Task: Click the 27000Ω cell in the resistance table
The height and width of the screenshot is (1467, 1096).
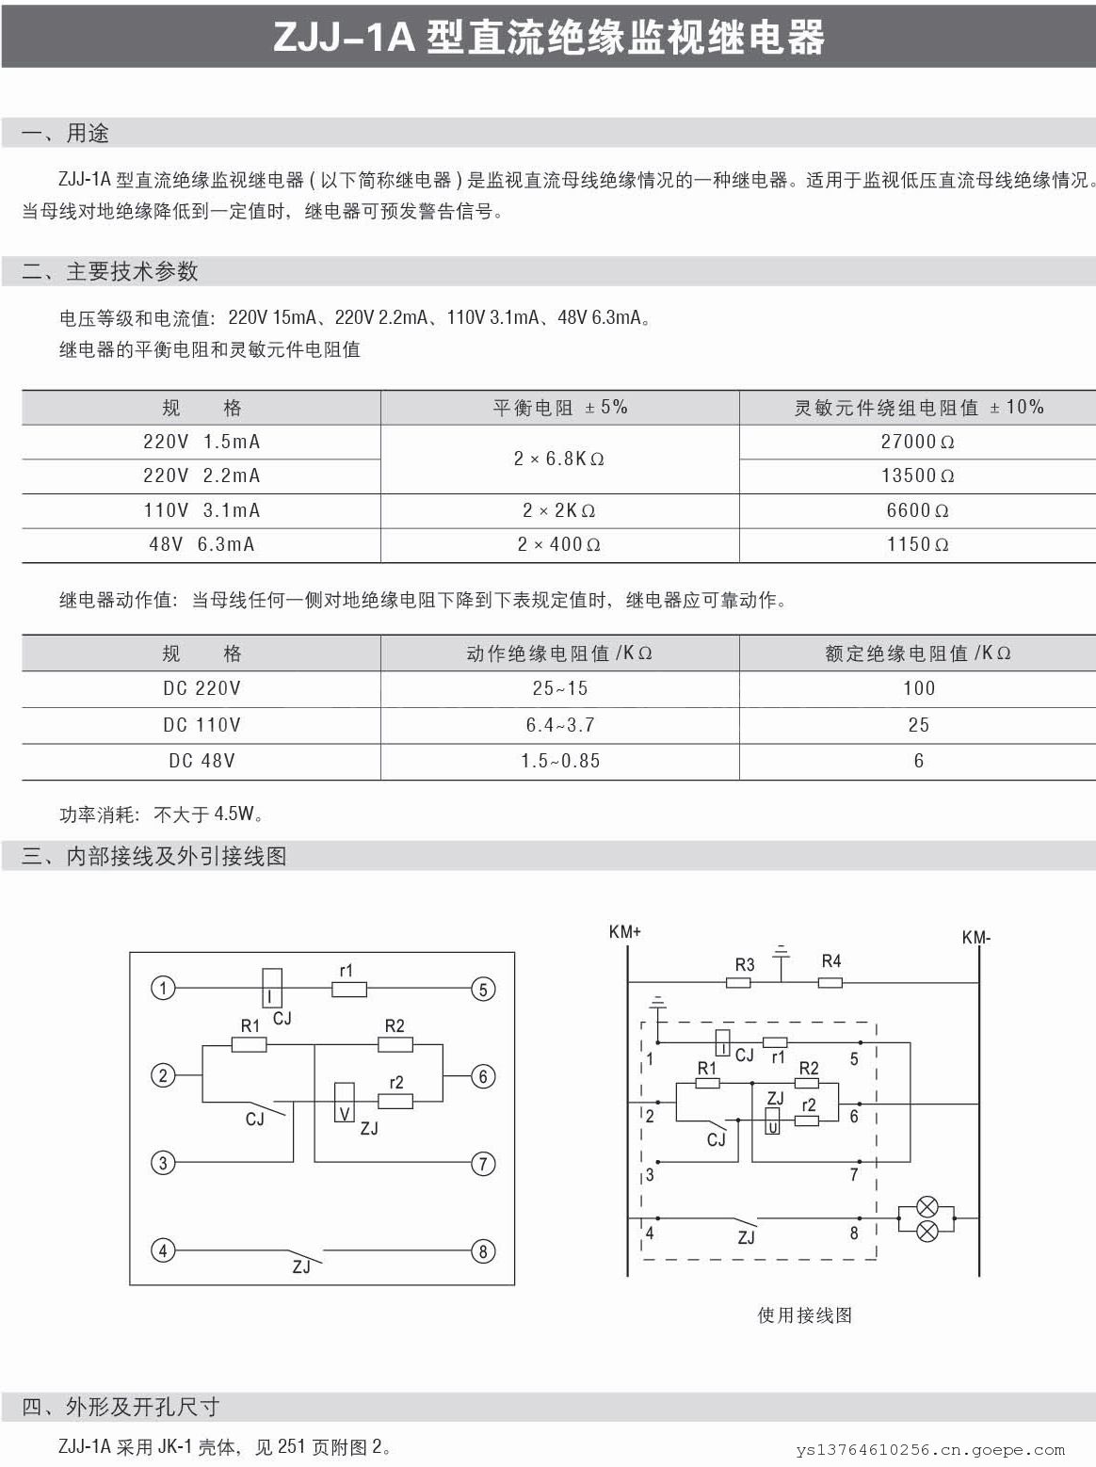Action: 917,442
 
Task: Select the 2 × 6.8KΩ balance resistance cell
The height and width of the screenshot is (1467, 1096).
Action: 559,459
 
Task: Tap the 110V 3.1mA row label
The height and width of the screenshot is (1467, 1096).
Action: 201,510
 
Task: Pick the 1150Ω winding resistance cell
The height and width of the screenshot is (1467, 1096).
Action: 917,544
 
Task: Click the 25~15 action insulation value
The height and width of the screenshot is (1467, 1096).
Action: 559,688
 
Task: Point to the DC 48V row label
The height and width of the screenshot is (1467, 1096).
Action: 201,761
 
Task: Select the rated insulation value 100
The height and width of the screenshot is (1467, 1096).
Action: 918,688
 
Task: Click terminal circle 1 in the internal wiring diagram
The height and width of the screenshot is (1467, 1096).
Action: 163,988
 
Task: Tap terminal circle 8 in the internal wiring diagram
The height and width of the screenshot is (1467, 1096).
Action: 483,1251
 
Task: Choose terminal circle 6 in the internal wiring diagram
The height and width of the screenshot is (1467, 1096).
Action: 483,1076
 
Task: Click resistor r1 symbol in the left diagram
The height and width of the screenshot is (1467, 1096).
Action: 349,989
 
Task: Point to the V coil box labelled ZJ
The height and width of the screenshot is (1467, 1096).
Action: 345,1101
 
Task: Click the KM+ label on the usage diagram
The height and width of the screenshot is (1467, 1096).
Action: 624,932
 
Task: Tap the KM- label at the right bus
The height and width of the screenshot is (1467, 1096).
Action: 976,938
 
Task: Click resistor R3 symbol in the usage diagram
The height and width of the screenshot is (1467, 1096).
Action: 739,982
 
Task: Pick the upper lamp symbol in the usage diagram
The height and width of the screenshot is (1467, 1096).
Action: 927,1206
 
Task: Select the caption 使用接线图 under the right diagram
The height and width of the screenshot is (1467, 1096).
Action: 804,1315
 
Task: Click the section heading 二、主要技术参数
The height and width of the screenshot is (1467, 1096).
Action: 110,272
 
